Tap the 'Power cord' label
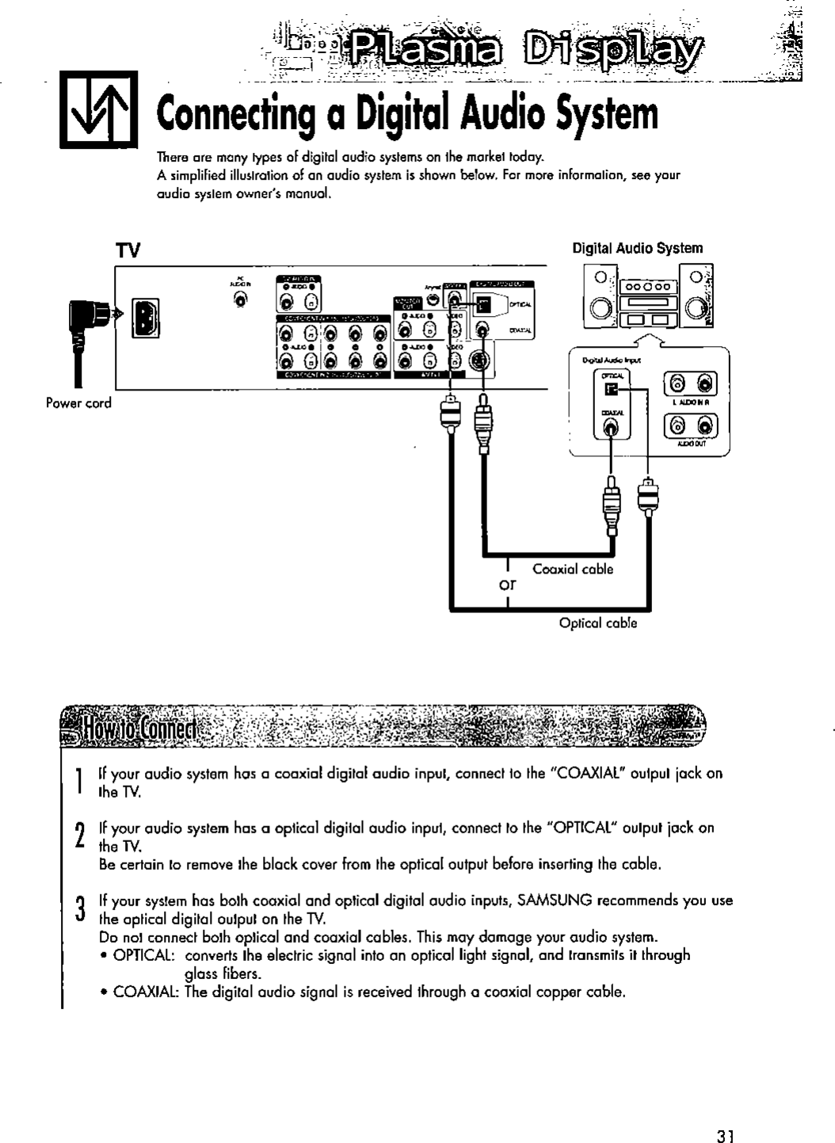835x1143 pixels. (78, 402)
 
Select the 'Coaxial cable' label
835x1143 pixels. (573, 569)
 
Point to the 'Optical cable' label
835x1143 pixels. (598, 623)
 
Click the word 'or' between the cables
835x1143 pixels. (507, 586)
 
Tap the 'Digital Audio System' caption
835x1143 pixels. (637, 248)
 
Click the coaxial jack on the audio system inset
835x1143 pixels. (611, 429)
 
